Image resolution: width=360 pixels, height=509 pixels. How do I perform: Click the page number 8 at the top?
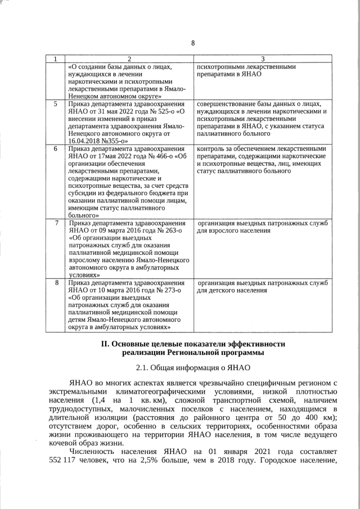tap(192, 43)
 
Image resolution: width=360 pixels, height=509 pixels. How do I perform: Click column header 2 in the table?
tap(129, 59)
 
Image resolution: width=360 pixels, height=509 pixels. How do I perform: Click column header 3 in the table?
tap(262, 59)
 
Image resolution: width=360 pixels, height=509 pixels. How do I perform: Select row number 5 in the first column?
tap(55, 104)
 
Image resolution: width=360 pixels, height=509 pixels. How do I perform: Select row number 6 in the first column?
tap(55, 148)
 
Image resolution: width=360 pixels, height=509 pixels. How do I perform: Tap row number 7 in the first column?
tap(55, 223)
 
